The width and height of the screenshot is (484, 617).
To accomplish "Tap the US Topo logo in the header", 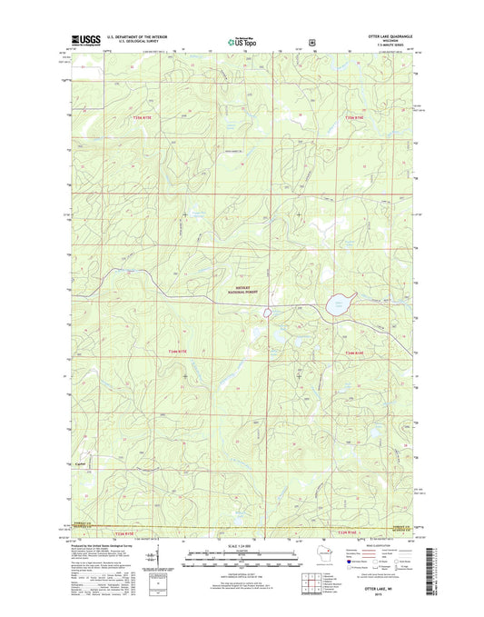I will [241, 41].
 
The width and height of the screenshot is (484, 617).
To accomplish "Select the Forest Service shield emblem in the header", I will [312, 41].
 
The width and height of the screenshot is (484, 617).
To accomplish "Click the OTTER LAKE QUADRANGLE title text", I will [390, 37].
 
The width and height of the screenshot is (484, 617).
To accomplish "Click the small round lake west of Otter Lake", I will [268, 313].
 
